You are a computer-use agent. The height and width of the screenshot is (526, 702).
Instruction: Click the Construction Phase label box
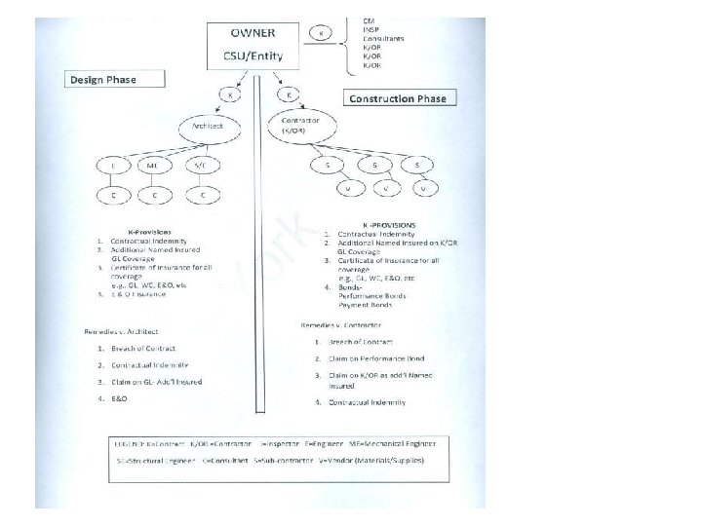coord(398,98)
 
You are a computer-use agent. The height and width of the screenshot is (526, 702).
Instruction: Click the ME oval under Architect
coord(152,167)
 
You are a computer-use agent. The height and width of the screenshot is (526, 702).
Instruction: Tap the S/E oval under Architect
coord(201,167)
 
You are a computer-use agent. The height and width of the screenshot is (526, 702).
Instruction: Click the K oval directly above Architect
coord(228,95)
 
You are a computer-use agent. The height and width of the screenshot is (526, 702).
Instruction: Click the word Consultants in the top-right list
coord(383,37)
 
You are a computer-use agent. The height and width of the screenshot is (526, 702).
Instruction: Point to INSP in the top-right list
coord(371,28)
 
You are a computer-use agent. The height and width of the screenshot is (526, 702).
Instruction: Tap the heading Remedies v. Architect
coord(122,332)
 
